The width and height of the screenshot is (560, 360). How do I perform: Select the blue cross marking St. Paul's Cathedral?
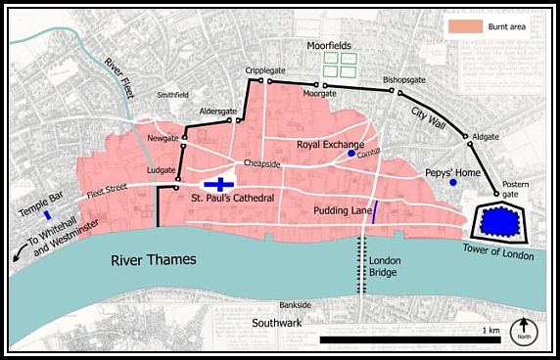pos(222,183)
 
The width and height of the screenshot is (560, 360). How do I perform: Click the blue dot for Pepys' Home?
pos(452,183)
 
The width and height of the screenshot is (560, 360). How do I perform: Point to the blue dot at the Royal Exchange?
pos(351,154)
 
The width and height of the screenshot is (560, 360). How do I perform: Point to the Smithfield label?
pos(175,96)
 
